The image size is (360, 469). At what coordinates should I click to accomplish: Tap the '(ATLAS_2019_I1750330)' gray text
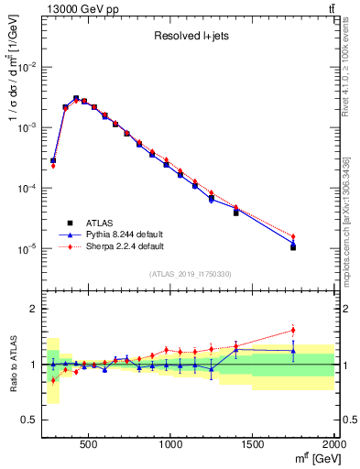coord(190,274)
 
